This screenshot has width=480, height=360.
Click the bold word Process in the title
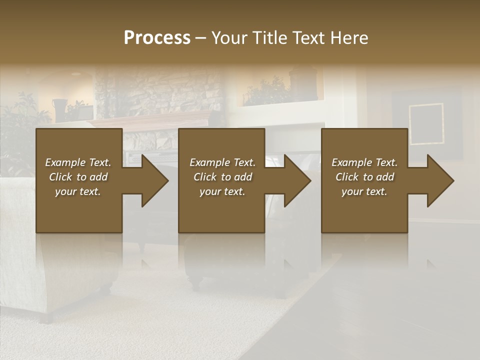pyautogui.click(x=157, y=38)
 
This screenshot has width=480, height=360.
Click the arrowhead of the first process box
pyautogui.click(x=154, y=180)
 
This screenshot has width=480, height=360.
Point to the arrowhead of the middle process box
pyautogui.click(x=297, y=180)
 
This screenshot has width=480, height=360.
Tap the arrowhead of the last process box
pyautogui.click(x=440, y=180)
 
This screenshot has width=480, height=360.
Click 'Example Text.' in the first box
pyautogui.click(x=78, y=162)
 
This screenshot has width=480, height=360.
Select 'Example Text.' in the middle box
pyautogui.click(x=222, y=162)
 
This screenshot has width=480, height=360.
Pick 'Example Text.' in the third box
pyautogui.click(x=364, y=162)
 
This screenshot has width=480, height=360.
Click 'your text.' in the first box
pyautogui.click(x=78, y=191)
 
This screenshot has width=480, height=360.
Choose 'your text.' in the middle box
pyautogui.click(x=222, y=191)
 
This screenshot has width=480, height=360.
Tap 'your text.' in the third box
pyautogui.click(x=364, y=191)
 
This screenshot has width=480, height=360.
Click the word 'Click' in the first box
pyautogui.click(x=60, y=177)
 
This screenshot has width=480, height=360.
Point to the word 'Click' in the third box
pyautogui.click(x=347, y=177)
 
